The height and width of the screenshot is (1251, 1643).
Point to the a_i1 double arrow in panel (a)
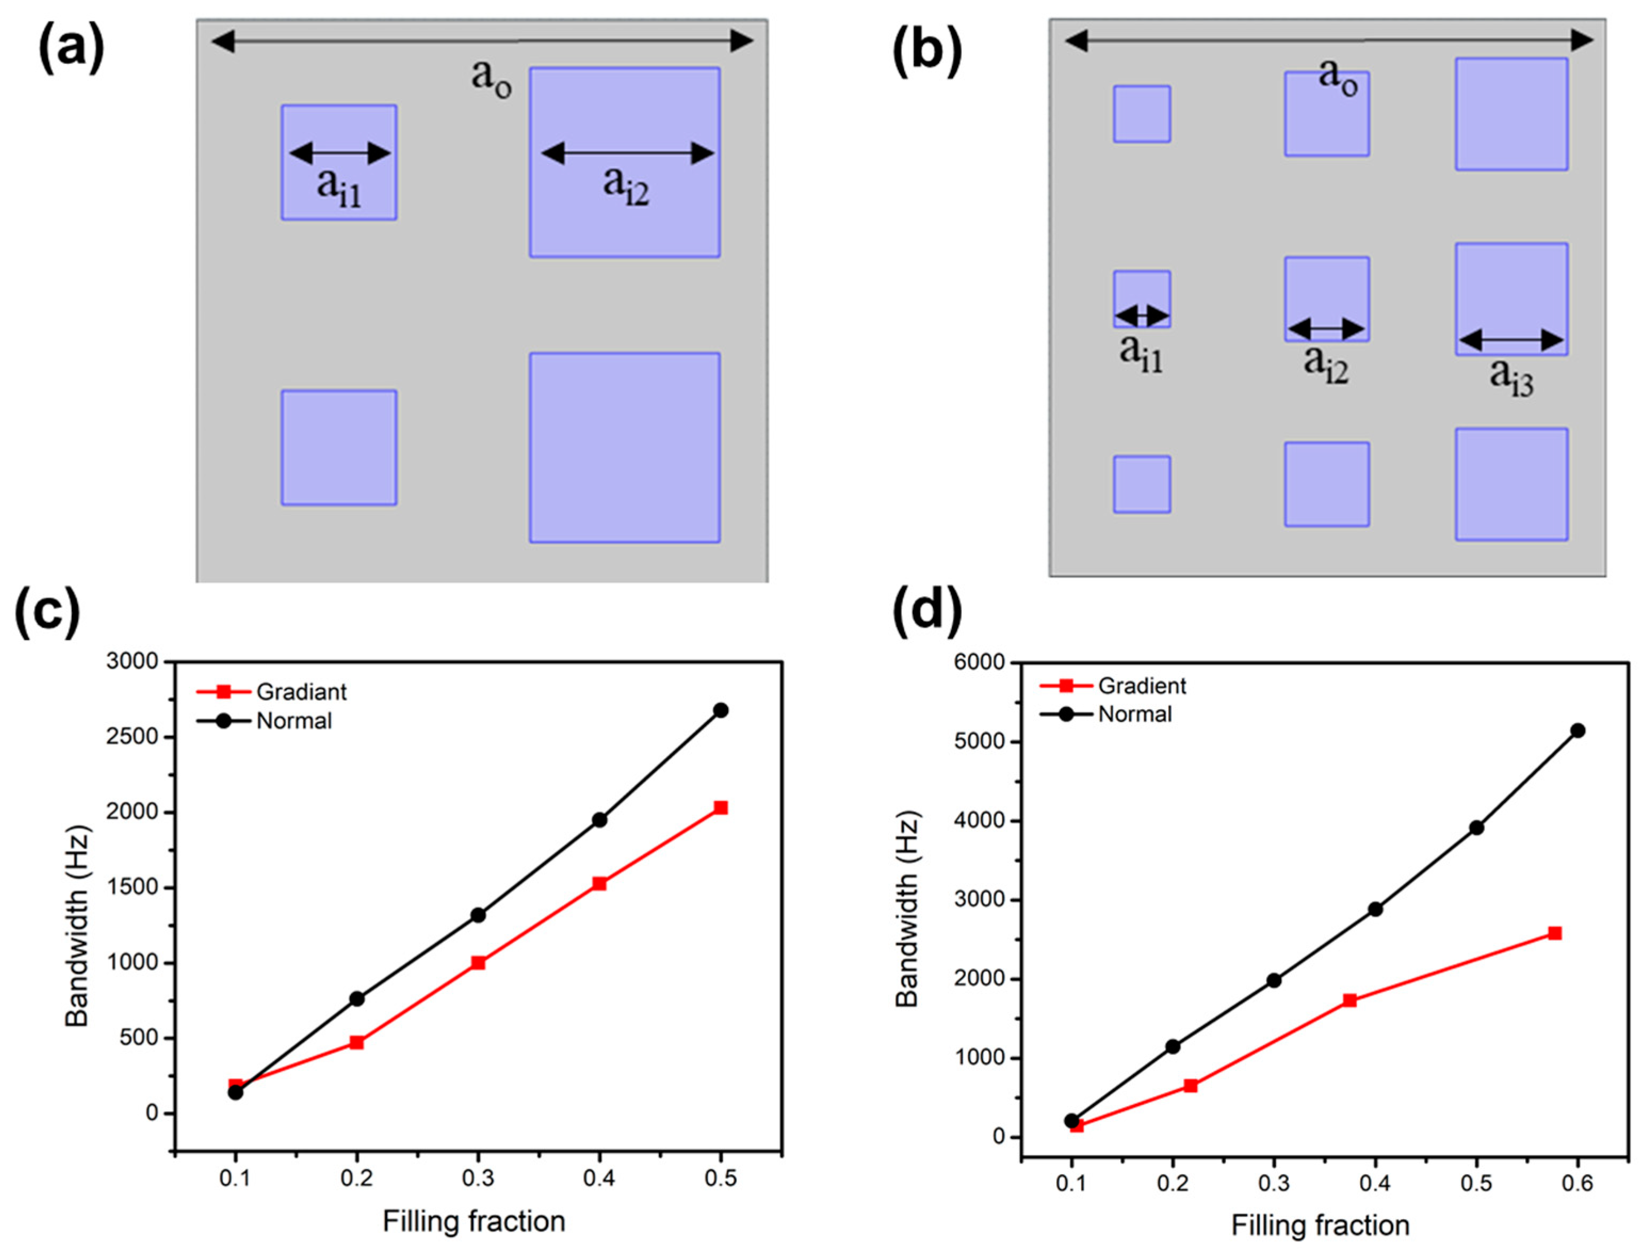pos(339,154)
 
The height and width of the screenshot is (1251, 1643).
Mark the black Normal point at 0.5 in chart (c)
pos(720,710)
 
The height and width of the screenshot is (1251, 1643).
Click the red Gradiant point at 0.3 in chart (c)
pos(478,963)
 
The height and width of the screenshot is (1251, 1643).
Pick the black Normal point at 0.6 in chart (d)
pos(1577,730)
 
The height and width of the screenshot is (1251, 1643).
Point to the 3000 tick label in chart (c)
pos(133,661)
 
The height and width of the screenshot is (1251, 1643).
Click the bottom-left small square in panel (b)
pos(1141,484)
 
